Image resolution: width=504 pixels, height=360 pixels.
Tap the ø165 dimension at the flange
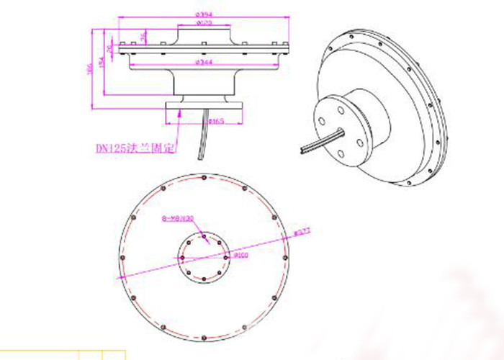pos(215,122)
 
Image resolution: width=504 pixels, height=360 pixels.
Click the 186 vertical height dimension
pos(91,68)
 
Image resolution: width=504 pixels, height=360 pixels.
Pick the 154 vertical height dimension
pos(101,66)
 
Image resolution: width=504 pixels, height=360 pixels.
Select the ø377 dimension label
pos(300,232)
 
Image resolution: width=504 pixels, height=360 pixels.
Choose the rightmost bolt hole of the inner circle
pos(228,257)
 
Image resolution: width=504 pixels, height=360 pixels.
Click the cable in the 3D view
pos(321,142)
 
